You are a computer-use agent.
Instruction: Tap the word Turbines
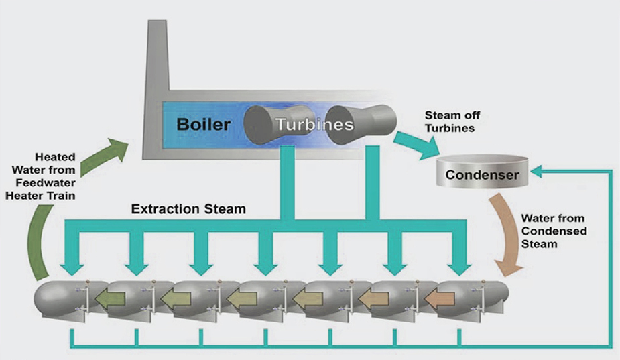(x=313, y=125)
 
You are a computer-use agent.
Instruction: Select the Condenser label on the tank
(x=483, y=176)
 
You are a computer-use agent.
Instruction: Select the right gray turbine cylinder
(x=362, y=125)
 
